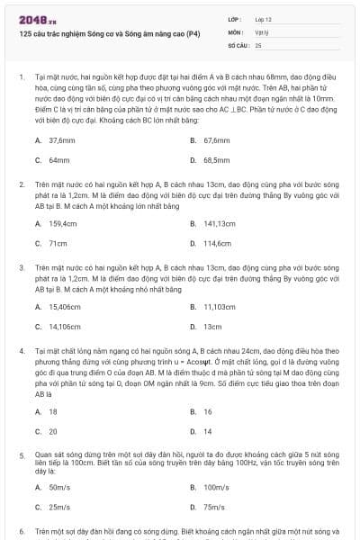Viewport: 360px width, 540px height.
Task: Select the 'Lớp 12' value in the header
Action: [x=264, y=18]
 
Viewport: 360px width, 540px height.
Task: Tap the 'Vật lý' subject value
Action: [x=263, y=31]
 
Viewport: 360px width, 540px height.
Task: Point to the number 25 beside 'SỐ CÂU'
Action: [x=258, y=44]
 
